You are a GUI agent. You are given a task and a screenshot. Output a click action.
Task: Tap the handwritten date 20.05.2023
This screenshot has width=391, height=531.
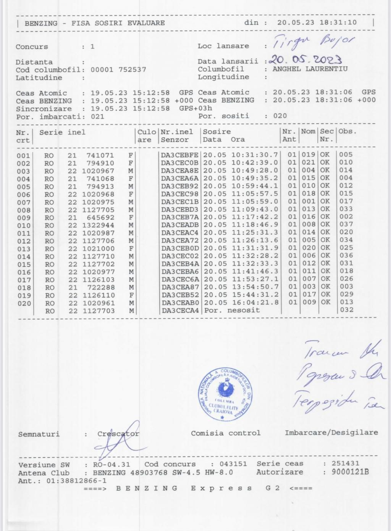point(305,60)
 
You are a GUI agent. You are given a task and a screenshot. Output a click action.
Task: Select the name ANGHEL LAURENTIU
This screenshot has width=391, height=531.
point(310,69)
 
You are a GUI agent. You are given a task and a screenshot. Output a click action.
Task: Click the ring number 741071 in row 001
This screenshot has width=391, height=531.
point(100,155)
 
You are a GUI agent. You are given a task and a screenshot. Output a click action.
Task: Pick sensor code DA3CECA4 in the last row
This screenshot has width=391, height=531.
point(180,311)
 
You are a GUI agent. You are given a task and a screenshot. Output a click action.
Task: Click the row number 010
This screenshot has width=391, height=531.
point(23,225)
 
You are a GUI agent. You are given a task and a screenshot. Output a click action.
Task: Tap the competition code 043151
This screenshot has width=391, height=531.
point(233,464)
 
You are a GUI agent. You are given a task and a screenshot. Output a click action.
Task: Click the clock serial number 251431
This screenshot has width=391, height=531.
point(346,463)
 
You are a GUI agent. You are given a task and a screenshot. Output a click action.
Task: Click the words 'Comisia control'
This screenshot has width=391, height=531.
point(226,433)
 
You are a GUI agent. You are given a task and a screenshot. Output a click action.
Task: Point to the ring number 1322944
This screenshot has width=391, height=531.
point(98,225)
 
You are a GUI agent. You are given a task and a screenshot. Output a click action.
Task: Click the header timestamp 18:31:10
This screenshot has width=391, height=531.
point(338,23)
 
